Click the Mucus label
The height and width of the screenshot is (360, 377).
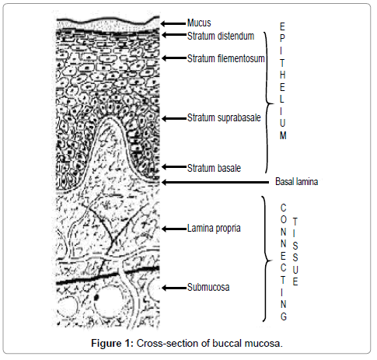[199, 23]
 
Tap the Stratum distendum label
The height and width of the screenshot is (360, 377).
[221, 36]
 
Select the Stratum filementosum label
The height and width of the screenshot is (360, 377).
[226, 58]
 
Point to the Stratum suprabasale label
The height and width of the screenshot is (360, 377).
[224, 118]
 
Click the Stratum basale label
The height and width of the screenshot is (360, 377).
[214, 168]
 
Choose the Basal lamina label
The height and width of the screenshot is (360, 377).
[296, 181]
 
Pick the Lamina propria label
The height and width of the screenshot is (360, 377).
[214, 229]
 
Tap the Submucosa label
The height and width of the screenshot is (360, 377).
[208, 288]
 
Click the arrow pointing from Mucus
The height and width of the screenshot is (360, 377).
[173, 23]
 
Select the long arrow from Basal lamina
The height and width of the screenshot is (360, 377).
[215, 183]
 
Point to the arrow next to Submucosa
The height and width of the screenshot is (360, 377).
[174, 288]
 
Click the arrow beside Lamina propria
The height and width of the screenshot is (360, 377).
[174, 229]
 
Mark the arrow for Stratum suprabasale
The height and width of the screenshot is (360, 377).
[174, 119]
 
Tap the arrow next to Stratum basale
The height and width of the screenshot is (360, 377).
[174, 167]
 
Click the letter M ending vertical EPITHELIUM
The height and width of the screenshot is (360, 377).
[283, 135]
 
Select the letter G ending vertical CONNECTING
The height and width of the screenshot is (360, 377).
[284, 316]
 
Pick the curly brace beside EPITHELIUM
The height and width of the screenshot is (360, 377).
[268, 103]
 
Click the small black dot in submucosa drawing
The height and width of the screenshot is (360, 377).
[96, 297]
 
